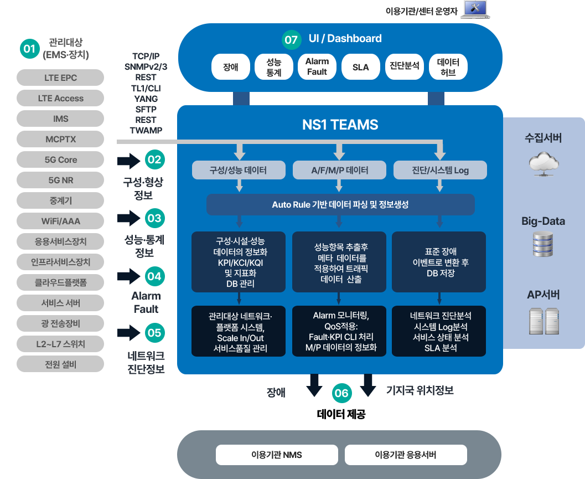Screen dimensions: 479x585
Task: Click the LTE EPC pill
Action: tap(60, 78)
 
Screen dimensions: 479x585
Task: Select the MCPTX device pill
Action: tap(60, 139)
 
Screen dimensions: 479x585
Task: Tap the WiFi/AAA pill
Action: tap(60, 221)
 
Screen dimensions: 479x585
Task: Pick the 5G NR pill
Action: tap(60, 180)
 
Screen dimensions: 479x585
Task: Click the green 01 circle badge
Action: tap(29, 49)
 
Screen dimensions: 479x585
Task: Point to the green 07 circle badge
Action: tap(291, 40)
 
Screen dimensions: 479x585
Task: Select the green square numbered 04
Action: tap(154, 276)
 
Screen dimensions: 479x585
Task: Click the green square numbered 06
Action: tap(341, 393)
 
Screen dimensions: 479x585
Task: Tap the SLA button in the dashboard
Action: tap(360, 67)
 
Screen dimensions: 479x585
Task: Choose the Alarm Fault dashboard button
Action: tap(317, 66)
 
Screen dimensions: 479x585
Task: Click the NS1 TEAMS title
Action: tap(340, 125)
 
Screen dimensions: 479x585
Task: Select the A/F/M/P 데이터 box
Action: tap(339, 170)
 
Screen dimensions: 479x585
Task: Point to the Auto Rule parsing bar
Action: tap(340, 204)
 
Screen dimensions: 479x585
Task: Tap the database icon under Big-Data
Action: tap(543, 244)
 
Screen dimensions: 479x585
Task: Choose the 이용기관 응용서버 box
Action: tap(406, 455)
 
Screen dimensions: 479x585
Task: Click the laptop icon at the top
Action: tap(475, 9)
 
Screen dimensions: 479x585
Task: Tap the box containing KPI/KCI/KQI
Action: tap(239, 262)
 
